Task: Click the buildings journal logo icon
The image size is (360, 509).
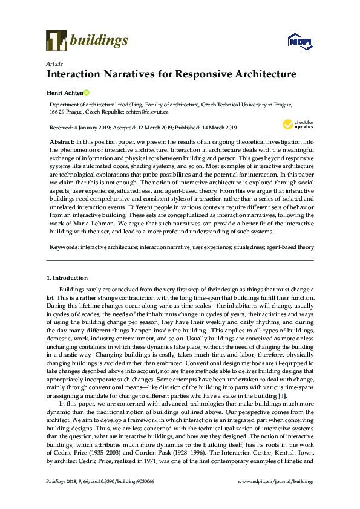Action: coord(56,40)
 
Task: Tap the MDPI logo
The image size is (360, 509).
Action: coord(301,41)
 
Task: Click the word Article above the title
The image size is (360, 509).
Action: coord(54,63)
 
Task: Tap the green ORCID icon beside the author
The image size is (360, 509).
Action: coord(87,92)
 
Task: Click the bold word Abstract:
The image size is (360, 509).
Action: coord(62,140)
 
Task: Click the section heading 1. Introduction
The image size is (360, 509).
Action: coord(67,277)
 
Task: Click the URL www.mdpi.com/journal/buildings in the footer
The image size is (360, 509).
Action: coord(276,481)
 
